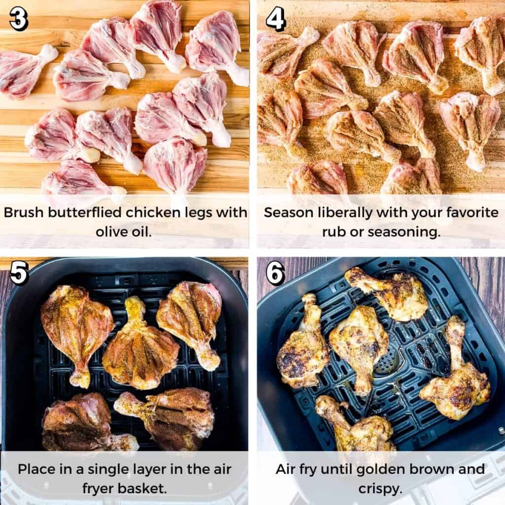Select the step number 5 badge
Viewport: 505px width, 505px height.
point(18,272)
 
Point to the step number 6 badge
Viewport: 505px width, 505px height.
point(276,272)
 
